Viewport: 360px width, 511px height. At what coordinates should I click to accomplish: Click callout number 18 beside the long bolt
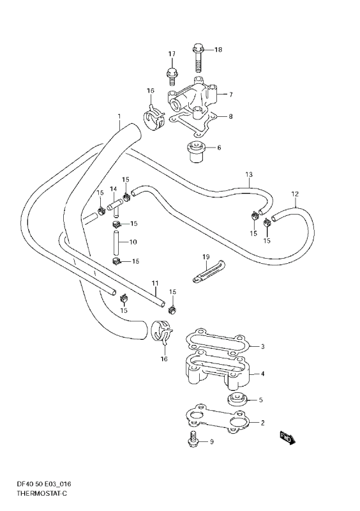point(218,50)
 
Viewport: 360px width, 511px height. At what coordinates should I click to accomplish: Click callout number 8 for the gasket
point(230,117)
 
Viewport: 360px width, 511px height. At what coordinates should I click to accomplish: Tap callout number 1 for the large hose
point(119,117)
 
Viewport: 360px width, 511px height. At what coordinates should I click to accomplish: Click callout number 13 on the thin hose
point(249,174)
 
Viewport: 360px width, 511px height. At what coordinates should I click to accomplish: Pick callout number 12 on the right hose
point(294,194)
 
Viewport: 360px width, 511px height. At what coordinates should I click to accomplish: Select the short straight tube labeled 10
point(117,243)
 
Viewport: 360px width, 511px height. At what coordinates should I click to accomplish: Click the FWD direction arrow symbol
point(287,438)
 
